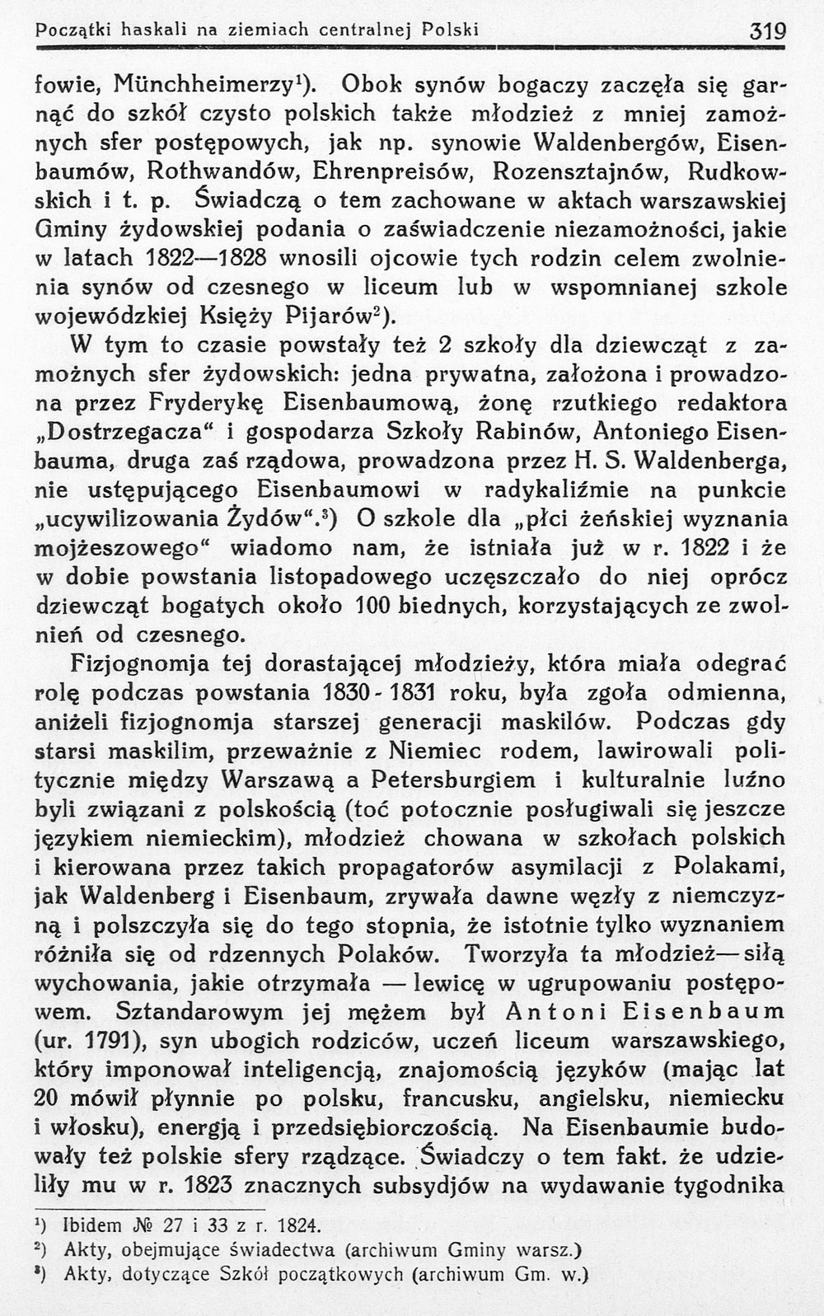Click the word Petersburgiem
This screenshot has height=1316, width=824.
[x=454, y=779]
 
